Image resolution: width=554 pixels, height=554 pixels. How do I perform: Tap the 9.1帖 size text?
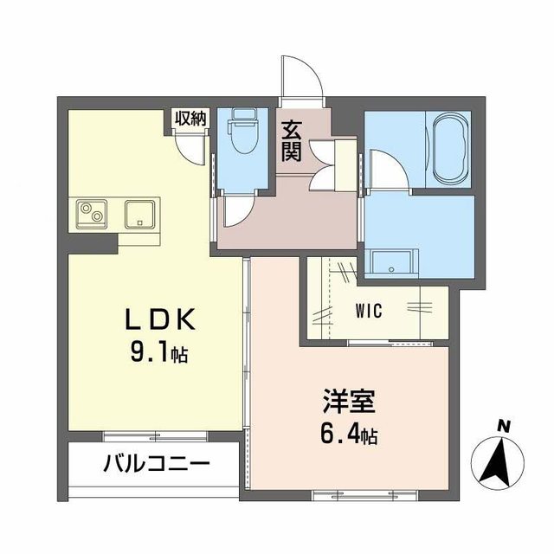159,353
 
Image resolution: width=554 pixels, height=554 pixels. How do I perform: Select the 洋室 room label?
349,403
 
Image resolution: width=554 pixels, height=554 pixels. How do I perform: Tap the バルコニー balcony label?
157,463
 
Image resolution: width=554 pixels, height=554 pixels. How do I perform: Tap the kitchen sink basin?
139,213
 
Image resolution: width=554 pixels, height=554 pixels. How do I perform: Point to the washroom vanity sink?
391,260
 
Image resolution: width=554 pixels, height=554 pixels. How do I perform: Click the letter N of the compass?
501,425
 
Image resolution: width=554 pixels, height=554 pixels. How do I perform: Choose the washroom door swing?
381,169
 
